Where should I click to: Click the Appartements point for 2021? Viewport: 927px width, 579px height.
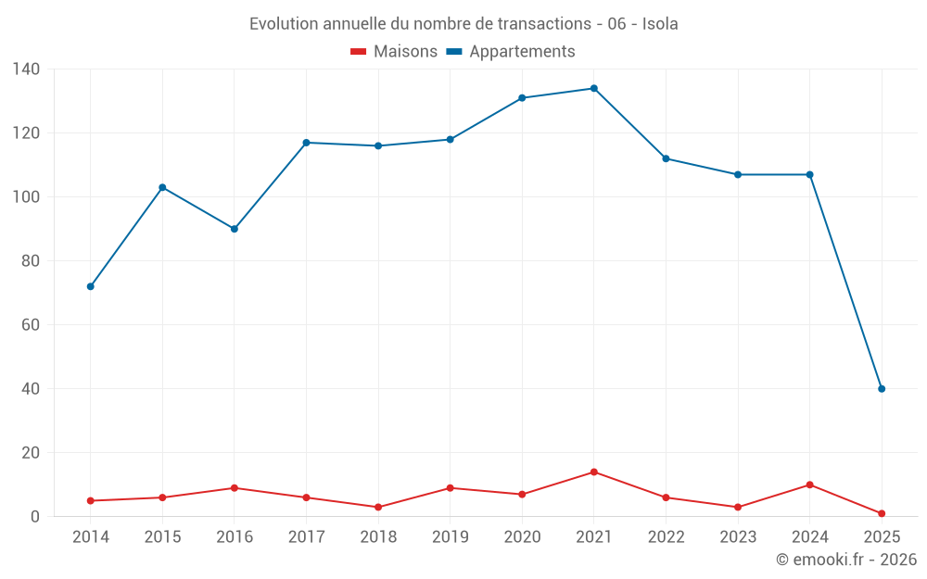pyautogui.click(x=594, y=88)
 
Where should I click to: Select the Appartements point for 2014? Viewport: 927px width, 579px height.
pyautogui.click(x=91, y=286)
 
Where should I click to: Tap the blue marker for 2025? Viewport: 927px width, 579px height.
pyautogui.click(x=882, y=389)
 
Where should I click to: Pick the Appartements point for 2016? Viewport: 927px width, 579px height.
pyautogui.click(x=235, y=229)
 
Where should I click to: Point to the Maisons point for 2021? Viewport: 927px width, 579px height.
pyautogui.click(x=594, y=472)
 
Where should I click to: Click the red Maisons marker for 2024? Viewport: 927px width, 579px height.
pyautogui.click(x=810, y=485)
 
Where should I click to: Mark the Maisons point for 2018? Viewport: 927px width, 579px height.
pyautogui.click(x=378, y=508)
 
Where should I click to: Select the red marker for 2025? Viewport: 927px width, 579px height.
pyautogui.click(x=882, y=513)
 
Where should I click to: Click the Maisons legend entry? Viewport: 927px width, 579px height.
pyautogui.click(x=394, y=52)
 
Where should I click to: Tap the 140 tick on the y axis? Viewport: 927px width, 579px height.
pyautogui.click(x=26, y=69)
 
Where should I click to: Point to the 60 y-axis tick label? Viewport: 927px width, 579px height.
pyautogui.click(x=31, y=325)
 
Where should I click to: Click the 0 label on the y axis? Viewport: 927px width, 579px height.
pyautogui.click(x=35, y=517)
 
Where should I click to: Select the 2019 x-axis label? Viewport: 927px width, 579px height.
pyautogui.click(x=451, y=537)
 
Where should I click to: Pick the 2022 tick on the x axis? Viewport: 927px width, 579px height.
pyautogui.click(x=666, y=537)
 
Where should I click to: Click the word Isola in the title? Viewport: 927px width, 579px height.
pyautogui.click(x=659, y=24)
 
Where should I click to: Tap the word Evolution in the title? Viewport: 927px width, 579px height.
pyautogui.click(x=284, y=24)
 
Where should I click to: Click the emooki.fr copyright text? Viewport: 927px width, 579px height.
pyautogui.click(x=846, y=560)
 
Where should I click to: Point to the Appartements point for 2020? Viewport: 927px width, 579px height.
pyautogui.click(x=522, y=97)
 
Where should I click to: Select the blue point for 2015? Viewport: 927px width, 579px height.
pyautogui.click(x=162, y=187)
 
